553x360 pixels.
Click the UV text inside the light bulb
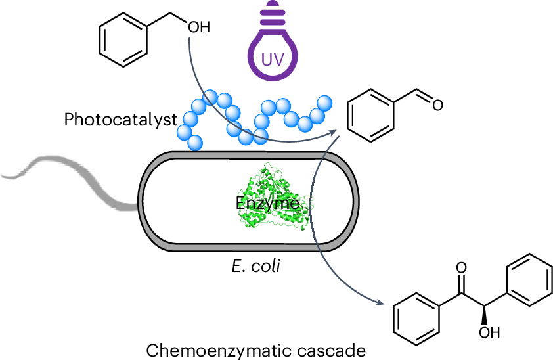coord(273,60)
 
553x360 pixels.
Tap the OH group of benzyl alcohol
coord(199,27)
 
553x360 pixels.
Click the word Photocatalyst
coord(121,120)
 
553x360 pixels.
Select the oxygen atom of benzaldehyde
coord(437,105)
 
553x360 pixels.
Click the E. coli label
coord(256,265)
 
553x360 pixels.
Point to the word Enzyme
coord(267,203)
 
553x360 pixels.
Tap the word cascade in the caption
coord(331,351)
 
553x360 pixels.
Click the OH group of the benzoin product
coord(489,332)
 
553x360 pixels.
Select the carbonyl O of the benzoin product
coord(461,268)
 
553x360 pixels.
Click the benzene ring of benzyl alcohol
coord(123,40)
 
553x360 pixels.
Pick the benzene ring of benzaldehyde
coord(370,116)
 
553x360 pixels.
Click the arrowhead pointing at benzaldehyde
coord(332,133)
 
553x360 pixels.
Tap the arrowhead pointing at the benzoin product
coord(379,302)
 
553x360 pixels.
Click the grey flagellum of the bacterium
coord(70,180)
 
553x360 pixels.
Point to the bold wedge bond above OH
coord(485,315)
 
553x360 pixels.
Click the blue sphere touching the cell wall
coord(195,143)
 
